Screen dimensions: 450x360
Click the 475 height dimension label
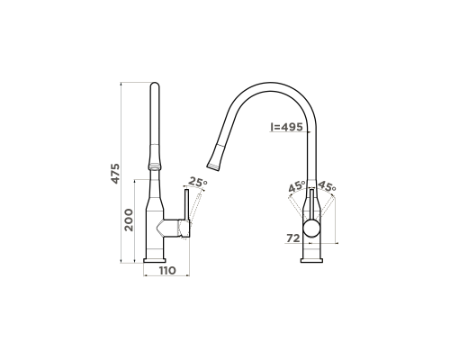[115, 174]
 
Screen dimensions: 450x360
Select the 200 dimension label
[129, 220]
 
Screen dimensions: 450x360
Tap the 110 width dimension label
[167, 271]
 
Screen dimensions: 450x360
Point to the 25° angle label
[198, 182]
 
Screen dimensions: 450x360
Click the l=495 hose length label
[286, 127]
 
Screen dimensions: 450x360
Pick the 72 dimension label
[293, 238]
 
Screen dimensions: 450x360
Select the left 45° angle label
[297, 186]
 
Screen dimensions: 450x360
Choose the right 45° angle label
[327, 186]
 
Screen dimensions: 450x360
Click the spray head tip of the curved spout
[213, 166]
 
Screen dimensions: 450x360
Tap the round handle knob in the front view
[311, 229]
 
